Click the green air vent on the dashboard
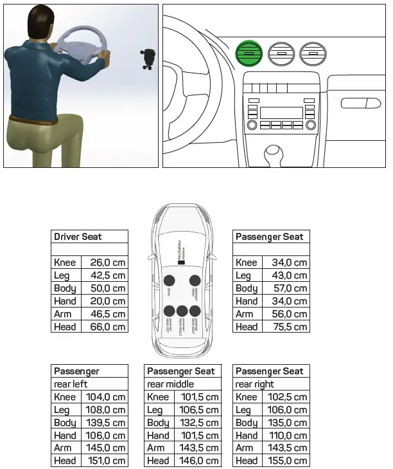coord(250,53)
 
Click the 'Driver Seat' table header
coord(78,237)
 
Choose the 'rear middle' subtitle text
coord(170,384)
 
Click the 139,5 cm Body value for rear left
coord(106,423)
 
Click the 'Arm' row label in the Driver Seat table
coord(63,314)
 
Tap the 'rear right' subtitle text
coord(254,384)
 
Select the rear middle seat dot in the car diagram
coord(182,311)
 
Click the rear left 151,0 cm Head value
coord(106,461)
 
